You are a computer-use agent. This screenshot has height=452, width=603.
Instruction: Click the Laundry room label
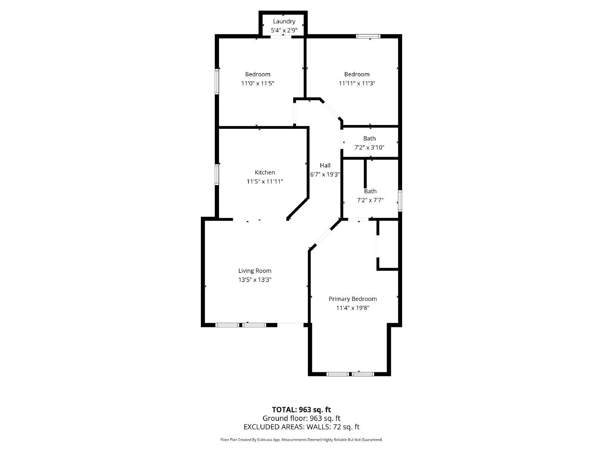point(284,21)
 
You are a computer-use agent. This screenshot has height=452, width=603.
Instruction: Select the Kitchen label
point(265,173)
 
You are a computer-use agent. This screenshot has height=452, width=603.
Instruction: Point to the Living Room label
point(255,270)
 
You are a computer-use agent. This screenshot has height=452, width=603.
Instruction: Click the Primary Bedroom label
point(352,299)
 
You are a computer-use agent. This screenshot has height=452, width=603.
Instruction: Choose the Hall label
point(325,165)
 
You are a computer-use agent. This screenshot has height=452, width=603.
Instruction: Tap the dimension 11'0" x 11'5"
point(257,83)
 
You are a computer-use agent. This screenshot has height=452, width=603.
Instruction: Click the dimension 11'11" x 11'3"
point(357,83)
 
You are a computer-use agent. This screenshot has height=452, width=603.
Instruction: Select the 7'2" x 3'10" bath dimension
point(369,147)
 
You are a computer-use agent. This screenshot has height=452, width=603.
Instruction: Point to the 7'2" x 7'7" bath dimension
point(370,200)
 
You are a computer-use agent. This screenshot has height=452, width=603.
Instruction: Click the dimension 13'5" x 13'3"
point(255,279)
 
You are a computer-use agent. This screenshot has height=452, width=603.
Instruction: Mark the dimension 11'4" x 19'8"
point(352,308)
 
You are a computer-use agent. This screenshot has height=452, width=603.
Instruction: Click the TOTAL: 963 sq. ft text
point(301,409)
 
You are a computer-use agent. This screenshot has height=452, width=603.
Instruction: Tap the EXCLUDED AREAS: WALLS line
point(301,427)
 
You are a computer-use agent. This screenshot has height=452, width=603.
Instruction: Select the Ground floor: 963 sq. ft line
point(301,418)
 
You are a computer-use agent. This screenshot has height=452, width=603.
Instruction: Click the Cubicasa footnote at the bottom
point(301,440)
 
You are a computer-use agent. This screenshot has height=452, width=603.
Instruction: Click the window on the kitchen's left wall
point(217,174)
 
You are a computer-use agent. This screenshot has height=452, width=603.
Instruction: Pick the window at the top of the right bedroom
point(369,37)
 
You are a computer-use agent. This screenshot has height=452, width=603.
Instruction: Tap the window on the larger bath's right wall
point(400,200)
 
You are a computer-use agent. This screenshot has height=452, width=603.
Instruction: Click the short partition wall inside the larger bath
point(365,174)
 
